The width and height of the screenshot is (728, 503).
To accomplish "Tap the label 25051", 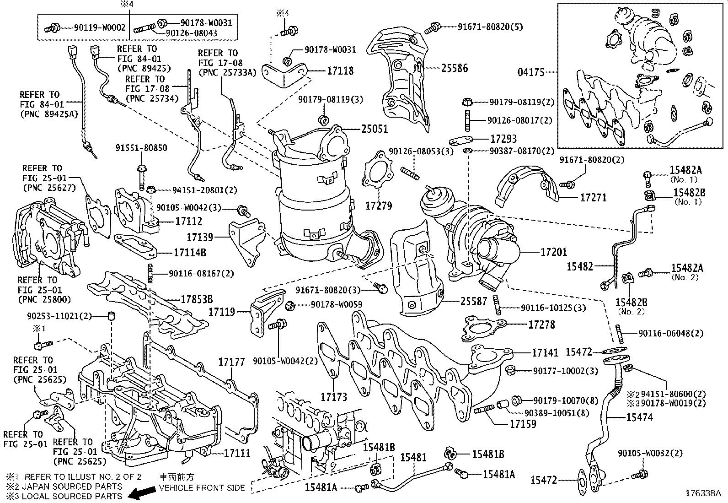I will (375, 129).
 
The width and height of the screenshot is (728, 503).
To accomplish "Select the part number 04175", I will (531, 72).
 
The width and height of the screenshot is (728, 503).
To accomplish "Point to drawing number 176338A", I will (702, 493).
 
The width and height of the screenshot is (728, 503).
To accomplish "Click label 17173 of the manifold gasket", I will (334, 396).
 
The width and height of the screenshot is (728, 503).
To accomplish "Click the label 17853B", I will (197, 299).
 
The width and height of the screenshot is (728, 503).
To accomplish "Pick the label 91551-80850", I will (141, 148).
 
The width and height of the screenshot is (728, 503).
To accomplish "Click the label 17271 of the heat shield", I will (593, 198).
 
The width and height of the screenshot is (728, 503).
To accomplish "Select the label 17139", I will (200, 237).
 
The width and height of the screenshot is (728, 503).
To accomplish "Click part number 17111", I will (237, 453).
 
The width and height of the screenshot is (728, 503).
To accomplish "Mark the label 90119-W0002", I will (100, 27).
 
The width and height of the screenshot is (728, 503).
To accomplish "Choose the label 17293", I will (503, 138).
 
